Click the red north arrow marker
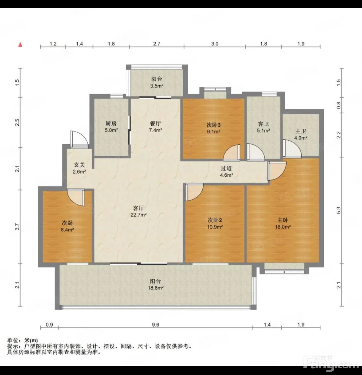tap(20, 45)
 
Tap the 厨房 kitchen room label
tap(111, 123)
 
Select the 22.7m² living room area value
tap(139, 215)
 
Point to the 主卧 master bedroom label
tap(283, 220)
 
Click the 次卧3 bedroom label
tap(213, 125)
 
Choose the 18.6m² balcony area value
tap(156, 288)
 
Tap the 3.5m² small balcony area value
tap(157, 86)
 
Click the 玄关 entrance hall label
tap(79, 165)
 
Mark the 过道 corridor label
tap(226, 168)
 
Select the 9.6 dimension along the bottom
tap(156, 325)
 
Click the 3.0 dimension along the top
tap(215, 44)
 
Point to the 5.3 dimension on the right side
tap(338, 210)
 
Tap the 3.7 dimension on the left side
tap(17, 227)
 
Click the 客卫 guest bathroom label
tap(263, 124)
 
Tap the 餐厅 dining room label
tap(155, 123)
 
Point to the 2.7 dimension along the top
tap(157, 44)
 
